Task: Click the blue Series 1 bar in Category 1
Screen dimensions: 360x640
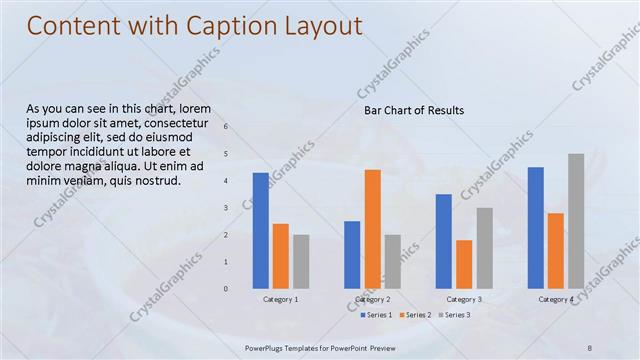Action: tap(261, 231)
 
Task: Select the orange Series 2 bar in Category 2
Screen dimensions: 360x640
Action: tap(372, 229)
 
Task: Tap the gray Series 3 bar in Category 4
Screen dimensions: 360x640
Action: tap(576, 221)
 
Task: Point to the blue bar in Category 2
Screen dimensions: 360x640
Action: tap(352, 255)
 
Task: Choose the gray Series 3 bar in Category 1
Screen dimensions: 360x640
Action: tap(301, 262)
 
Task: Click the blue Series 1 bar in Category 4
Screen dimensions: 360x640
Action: tap(536, 228)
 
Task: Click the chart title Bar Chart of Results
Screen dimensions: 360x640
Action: tap(414, 110)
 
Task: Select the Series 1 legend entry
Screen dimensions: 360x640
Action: tap(376, 315)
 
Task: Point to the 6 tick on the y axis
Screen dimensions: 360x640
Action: tap(226, 127)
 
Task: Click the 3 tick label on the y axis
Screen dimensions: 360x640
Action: tap(226, 208)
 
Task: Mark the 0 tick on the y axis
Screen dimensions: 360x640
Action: tap(226, 289)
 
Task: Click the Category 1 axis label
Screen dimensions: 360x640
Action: tap(281, 299)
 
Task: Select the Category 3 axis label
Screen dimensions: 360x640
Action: tap(464, 299)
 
